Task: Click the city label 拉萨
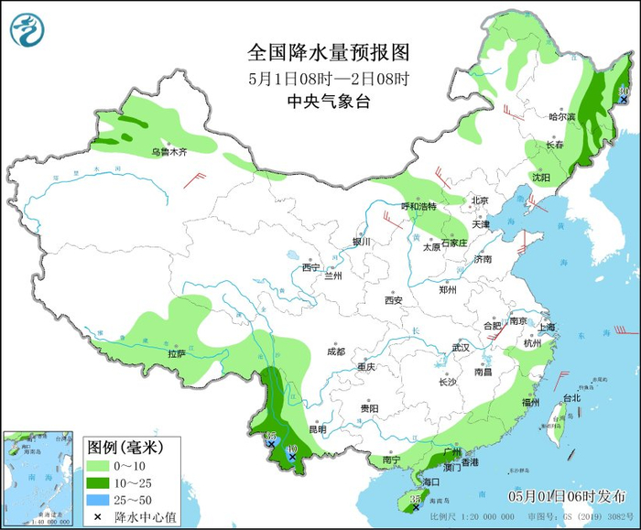(176, 353)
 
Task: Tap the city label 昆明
(317, 428)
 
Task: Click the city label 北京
(480, 200)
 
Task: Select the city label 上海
(548, 327)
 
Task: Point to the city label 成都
(335, 352)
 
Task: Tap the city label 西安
(394, 299)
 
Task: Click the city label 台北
(570, 398)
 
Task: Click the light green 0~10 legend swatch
(98, 465)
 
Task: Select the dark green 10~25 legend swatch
(98, 482)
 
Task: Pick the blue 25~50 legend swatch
(98, 500)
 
